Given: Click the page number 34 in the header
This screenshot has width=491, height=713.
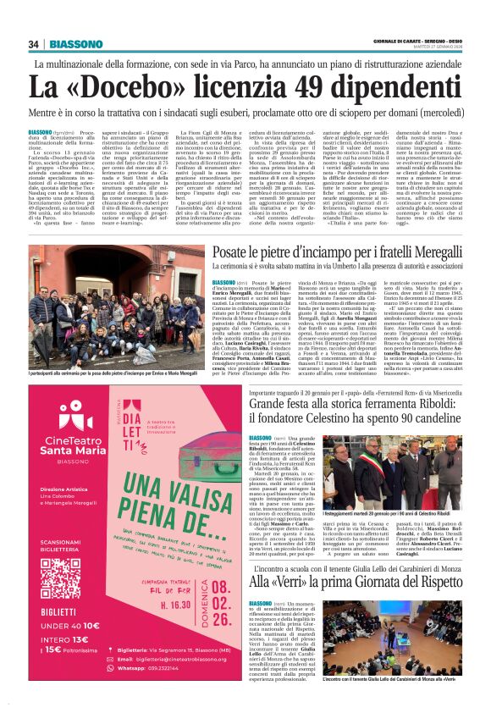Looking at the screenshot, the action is pos(33,45).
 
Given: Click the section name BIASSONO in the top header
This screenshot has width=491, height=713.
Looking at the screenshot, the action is pos(74,45).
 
